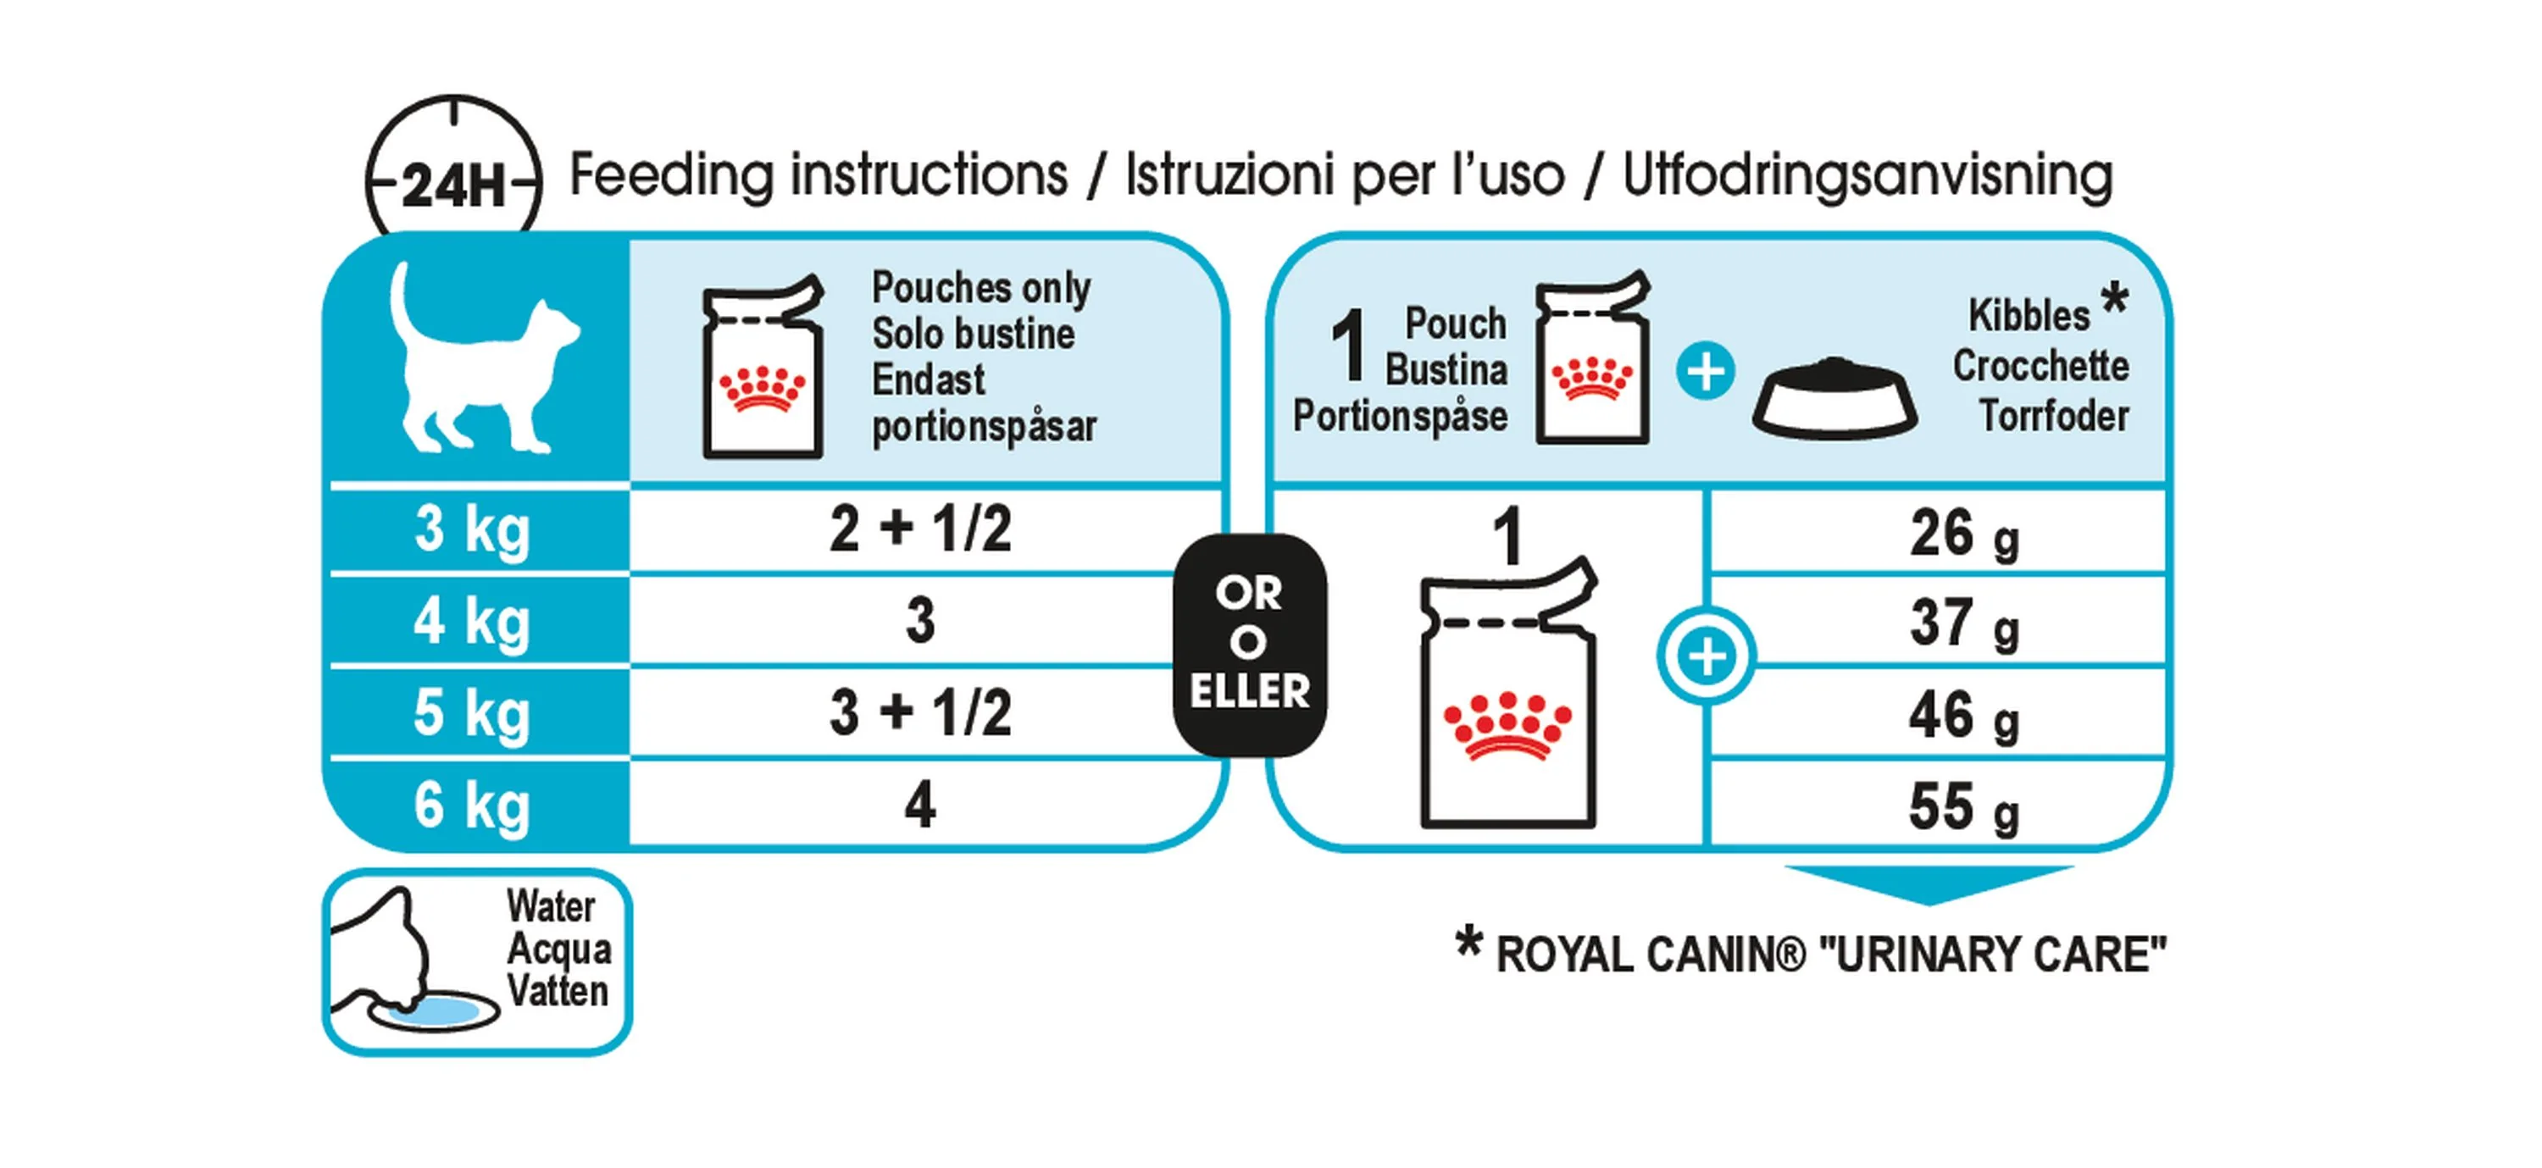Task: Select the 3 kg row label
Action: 472,532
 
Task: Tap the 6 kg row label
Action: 472,807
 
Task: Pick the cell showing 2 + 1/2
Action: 921,529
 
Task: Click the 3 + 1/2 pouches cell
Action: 921,712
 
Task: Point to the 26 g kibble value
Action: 1964,534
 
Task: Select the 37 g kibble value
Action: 1964,624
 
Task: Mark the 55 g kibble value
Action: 1964,808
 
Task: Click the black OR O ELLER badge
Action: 1249,645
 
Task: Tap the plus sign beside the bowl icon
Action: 1705,372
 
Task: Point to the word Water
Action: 551,905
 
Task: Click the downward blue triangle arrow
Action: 1929,885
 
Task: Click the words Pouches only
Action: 981,288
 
